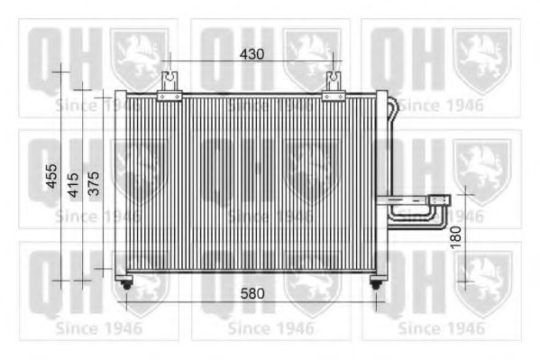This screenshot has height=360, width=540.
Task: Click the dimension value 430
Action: pos(252,54)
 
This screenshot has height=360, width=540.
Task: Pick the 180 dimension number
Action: pos(456,237)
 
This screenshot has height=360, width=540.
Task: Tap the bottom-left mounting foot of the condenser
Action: pos(126,283)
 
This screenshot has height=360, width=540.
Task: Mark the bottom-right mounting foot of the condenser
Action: pos(377,283)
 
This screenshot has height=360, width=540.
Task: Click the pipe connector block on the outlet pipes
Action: pos(440,199)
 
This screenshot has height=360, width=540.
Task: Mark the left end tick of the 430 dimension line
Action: pos(169,61)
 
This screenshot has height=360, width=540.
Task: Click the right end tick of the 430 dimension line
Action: pos(334,61)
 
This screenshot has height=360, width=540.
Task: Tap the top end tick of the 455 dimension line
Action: pos(60,68)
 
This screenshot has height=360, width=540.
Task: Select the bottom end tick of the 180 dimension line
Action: pos(464,281)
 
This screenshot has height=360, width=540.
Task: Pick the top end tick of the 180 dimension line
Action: pos(464,192)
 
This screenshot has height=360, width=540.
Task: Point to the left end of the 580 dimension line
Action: pos(126,301)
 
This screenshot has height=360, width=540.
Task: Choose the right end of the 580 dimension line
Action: pos(377,301)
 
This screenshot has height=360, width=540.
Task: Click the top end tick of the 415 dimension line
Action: pos(83,87)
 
